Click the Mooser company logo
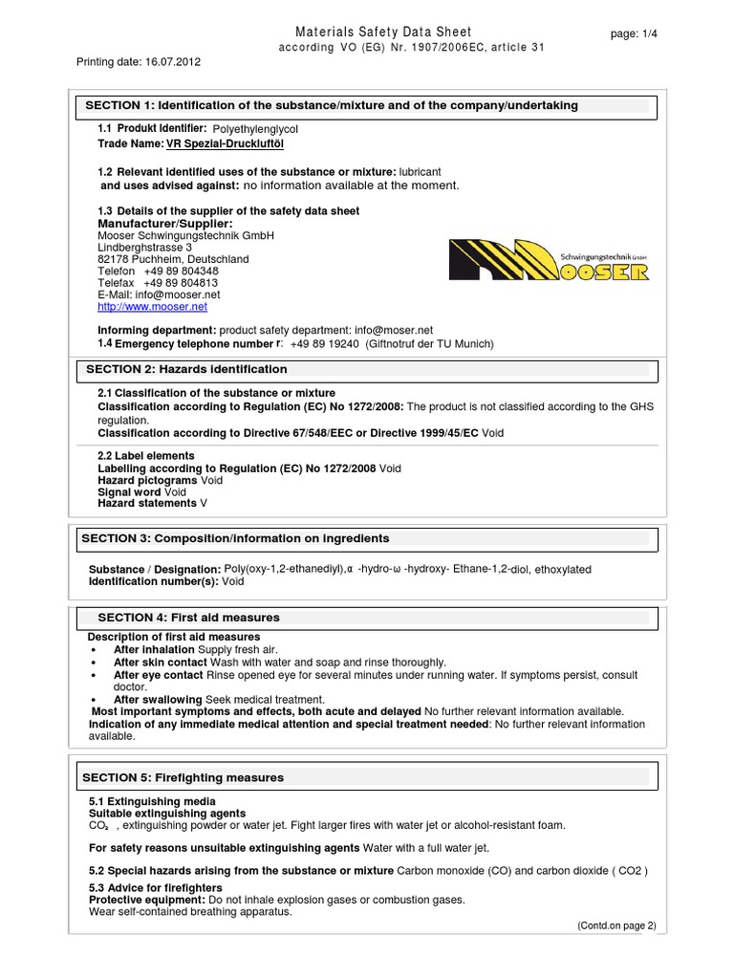tap(549, 260)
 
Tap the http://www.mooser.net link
tap(152, 307)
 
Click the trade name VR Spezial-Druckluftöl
tap(225, 143)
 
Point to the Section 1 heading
tap(332, 105)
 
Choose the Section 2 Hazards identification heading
tap(186, 369)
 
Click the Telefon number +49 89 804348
tap(181, 271)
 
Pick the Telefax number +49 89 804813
tap(181, 283)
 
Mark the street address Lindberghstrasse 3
tap(144, 247)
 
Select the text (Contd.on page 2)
tap(616, 926)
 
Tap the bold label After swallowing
tap(157, 699)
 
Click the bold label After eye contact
tap(158, 675)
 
